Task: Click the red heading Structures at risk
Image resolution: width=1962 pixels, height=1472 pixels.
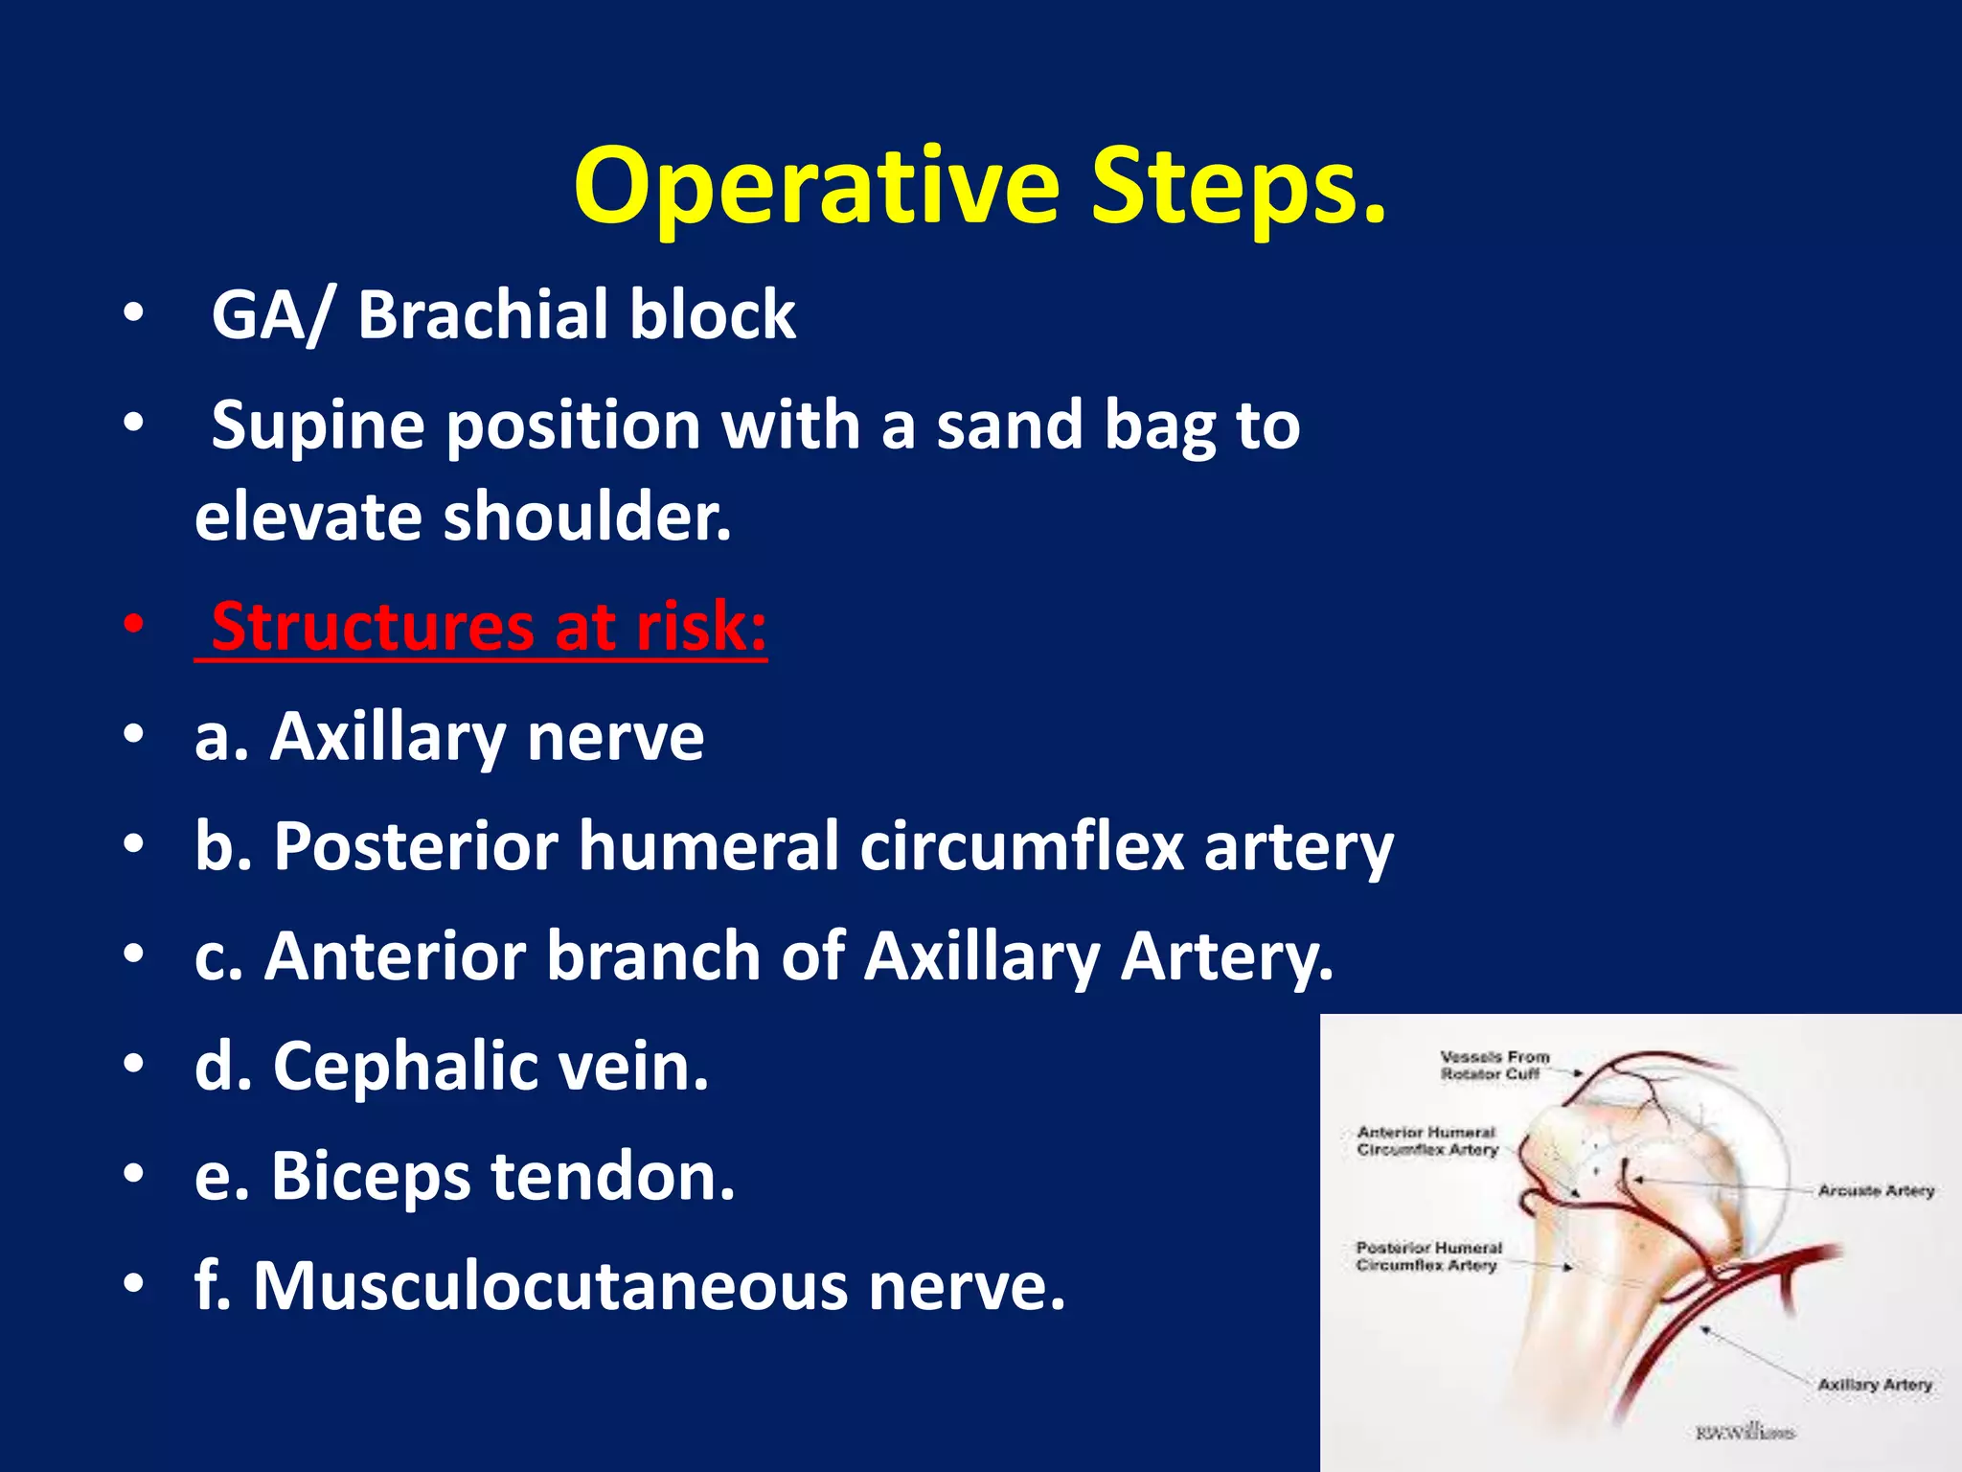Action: click(489, 627)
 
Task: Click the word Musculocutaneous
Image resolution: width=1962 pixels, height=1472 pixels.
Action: click(550, 1286)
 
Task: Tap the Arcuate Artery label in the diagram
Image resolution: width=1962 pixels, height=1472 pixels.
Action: click(1876, 1190)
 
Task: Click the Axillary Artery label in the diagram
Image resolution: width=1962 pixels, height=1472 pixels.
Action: click(1874, 1385)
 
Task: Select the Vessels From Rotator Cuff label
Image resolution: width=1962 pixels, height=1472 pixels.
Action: click(1494, 1066)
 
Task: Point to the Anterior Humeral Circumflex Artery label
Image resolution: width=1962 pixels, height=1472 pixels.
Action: click(1426, 1141)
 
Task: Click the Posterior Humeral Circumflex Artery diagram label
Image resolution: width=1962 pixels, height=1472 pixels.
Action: click(1427, 1256)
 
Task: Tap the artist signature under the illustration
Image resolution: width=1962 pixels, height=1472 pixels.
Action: click(1744, 1433)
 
